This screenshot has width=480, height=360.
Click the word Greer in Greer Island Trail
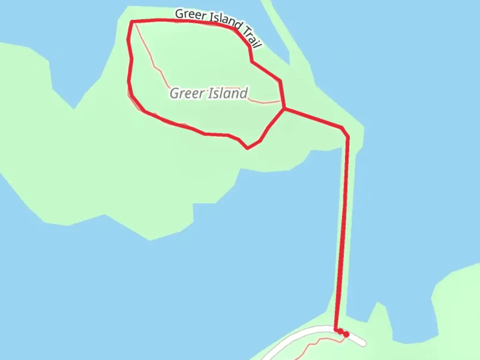(x=191, y=15)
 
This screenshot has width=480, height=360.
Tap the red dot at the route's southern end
(x=346, y=334)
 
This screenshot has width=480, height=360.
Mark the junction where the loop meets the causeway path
(x=284, y=108)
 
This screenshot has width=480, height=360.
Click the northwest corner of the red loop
(x=132, y=22)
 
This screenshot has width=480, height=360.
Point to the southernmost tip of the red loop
(x=247, y=148)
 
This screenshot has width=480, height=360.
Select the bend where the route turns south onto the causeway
(x=347, y=136)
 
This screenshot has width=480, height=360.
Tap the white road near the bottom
(x=300, y=333)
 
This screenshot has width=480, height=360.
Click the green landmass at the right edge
(x=460, y=300)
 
